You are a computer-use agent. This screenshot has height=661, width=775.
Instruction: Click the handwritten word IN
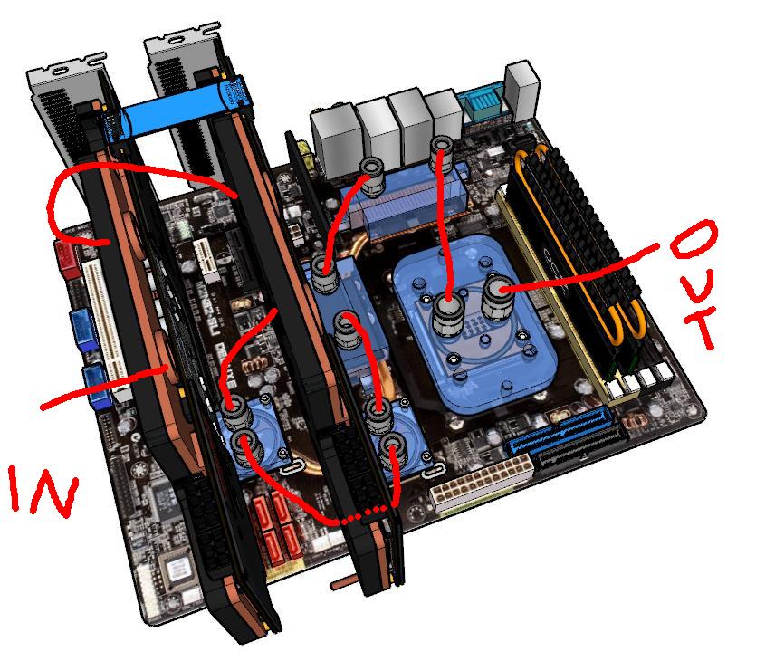pyautogui.click(x=43, y=491)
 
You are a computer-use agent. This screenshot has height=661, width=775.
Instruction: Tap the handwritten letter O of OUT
pyautogui.click(x=694, y=239)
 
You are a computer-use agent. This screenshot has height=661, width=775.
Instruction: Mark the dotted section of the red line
pyautogui.click(x=364, y=514)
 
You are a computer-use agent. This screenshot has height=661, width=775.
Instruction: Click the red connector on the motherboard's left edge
pyautogui.click(x=68, y=260)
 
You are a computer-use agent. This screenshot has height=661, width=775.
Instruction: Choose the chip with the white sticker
pyautogui.click(x=179, y=572)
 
